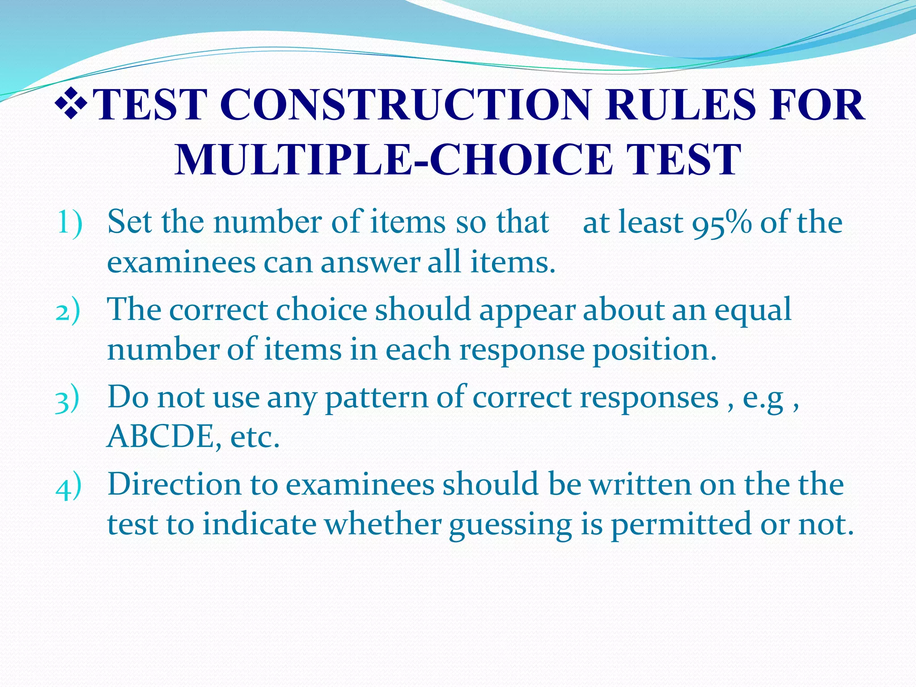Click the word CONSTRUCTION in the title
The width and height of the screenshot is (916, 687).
[x=405, y=105]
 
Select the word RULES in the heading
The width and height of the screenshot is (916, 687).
[x=680, y=105]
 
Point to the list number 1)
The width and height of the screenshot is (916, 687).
[x=69, y=222]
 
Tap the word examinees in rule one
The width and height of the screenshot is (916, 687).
[x=181, y=263]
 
